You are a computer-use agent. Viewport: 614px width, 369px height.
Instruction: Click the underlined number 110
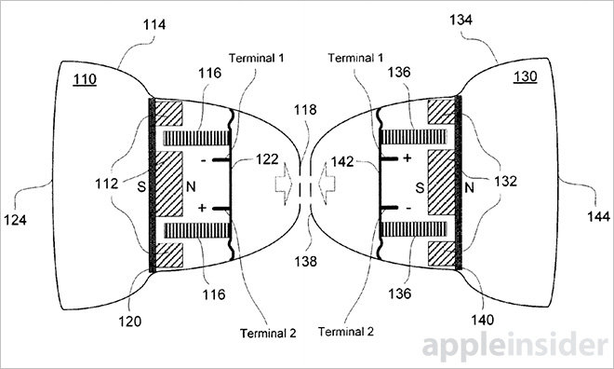pos(85,79)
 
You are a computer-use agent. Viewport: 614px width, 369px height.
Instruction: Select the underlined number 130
pos(525,76)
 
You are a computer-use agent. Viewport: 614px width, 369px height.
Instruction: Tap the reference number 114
pos(154,25)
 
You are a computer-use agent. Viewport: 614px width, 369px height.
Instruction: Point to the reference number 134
pos(460,20)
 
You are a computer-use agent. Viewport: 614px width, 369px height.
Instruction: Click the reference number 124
pos(15,220)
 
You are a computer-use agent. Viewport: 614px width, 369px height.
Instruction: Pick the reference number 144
pos(598,216)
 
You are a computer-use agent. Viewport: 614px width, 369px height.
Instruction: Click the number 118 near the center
pos(305,110)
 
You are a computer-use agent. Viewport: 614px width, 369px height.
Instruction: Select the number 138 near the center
pos(305,261)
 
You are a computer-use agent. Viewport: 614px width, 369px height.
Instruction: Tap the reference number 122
pos(267,159)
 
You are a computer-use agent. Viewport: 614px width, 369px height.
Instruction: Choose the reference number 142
pos(342,161)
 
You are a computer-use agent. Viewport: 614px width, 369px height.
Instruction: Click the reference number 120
pos(130,321)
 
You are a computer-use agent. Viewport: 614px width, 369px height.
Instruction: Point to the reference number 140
pos(483,320)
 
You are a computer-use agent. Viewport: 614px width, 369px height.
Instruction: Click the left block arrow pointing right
pos(283,184)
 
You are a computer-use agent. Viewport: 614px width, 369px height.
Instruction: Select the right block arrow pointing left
pos(327,184)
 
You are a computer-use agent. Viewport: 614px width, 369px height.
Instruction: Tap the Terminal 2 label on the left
pos(268,334)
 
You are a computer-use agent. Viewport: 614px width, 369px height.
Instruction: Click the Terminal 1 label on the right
pos(355,58)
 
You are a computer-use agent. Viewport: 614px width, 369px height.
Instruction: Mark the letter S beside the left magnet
pos(141,187)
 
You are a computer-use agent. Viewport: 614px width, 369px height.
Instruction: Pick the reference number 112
pos(106,184)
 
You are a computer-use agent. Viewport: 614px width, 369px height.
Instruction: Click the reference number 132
pos(505,181)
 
